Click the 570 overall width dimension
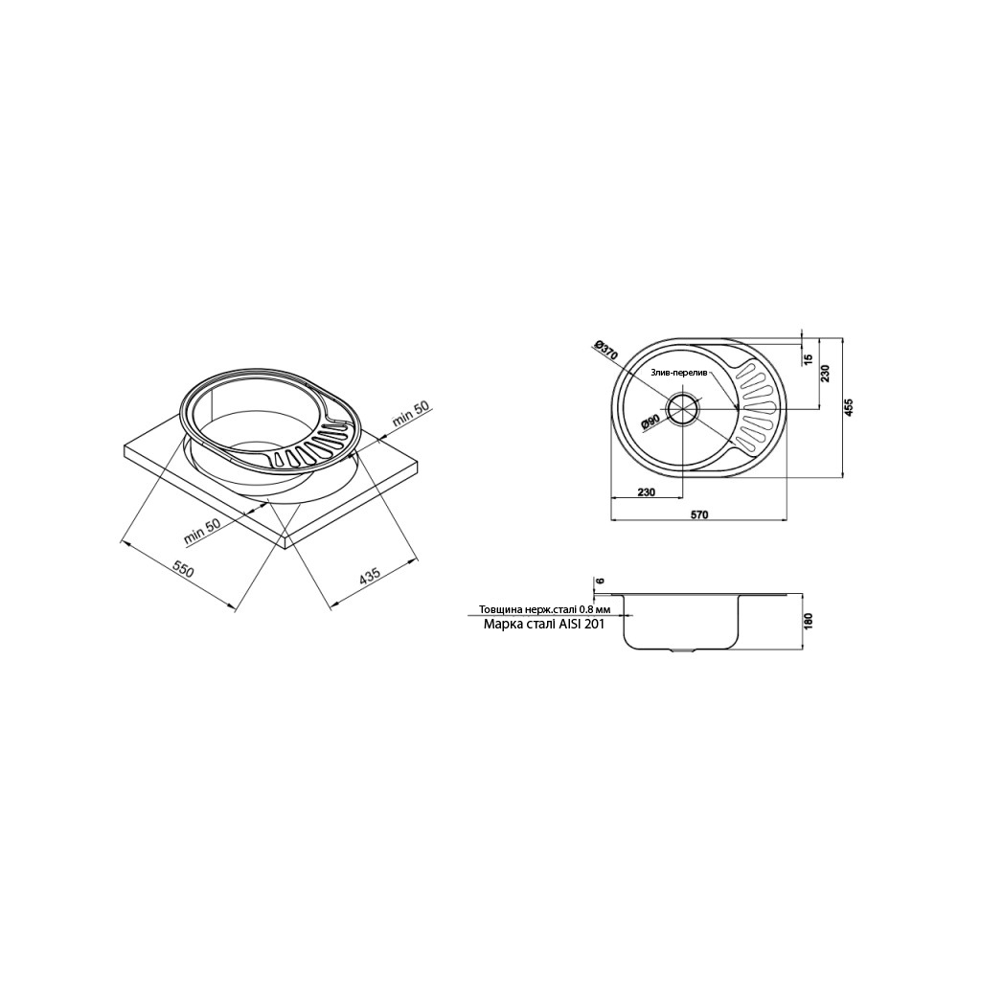(699, 514)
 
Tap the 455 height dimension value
(849, 407)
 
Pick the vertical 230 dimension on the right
(826, 374)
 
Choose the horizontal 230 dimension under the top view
(647, 492)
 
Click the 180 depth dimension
(808, 621)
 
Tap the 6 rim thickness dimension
(599, 581)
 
